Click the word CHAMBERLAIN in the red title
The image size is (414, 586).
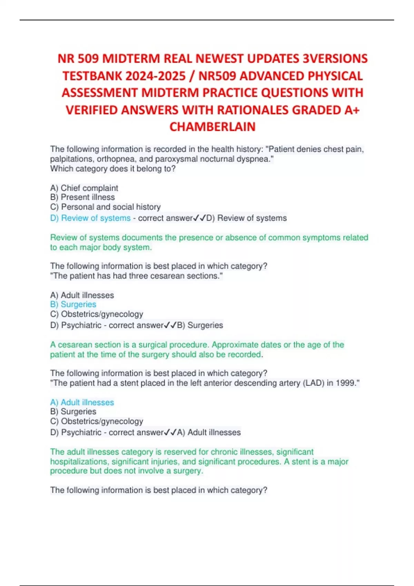click(213, 127)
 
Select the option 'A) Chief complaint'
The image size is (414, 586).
click(84, 188)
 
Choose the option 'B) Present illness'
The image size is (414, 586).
click(82, 197)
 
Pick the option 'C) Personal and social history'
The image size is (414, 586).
click(105, 207)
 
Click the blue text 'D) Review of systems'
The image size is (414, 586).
click(90, 218)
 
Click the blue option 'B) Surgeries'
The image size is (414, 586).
click(73, 304)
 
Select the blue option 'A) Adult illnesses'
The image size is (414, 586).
click(82, 402)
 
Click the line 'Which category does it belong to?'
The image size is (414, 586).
click(113, 169)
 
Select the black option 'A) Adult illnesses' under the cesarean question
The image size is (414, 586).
click(82, 295)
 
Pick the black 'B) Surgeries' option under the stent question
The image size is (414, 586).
click(73, 412)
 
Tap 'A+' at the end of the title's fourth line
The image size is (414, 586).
click(352, 110)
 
